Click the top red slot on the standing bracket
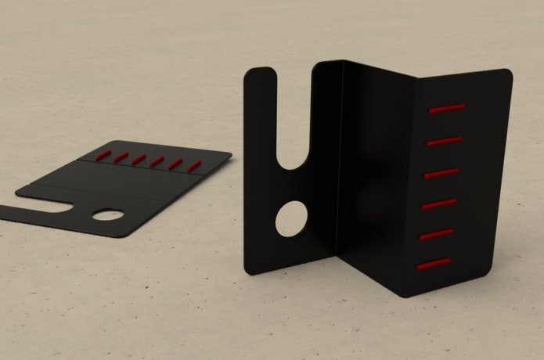447,108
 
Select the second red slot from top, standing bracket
445,141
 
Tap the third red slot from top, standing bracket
441,173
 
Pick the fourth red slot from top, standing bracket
438,204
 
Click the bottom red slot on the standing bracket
434,264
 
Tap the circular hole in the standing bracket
291,218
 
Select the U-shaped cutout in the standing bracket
297,133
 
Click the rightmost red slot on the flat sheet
194,165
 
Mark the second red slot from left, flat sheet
121,157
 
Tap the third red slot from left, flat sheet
139,159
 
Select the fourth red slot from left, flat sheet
157,161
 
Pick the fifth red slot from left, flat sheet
176,164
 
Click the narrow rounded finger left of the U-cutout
259,157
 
